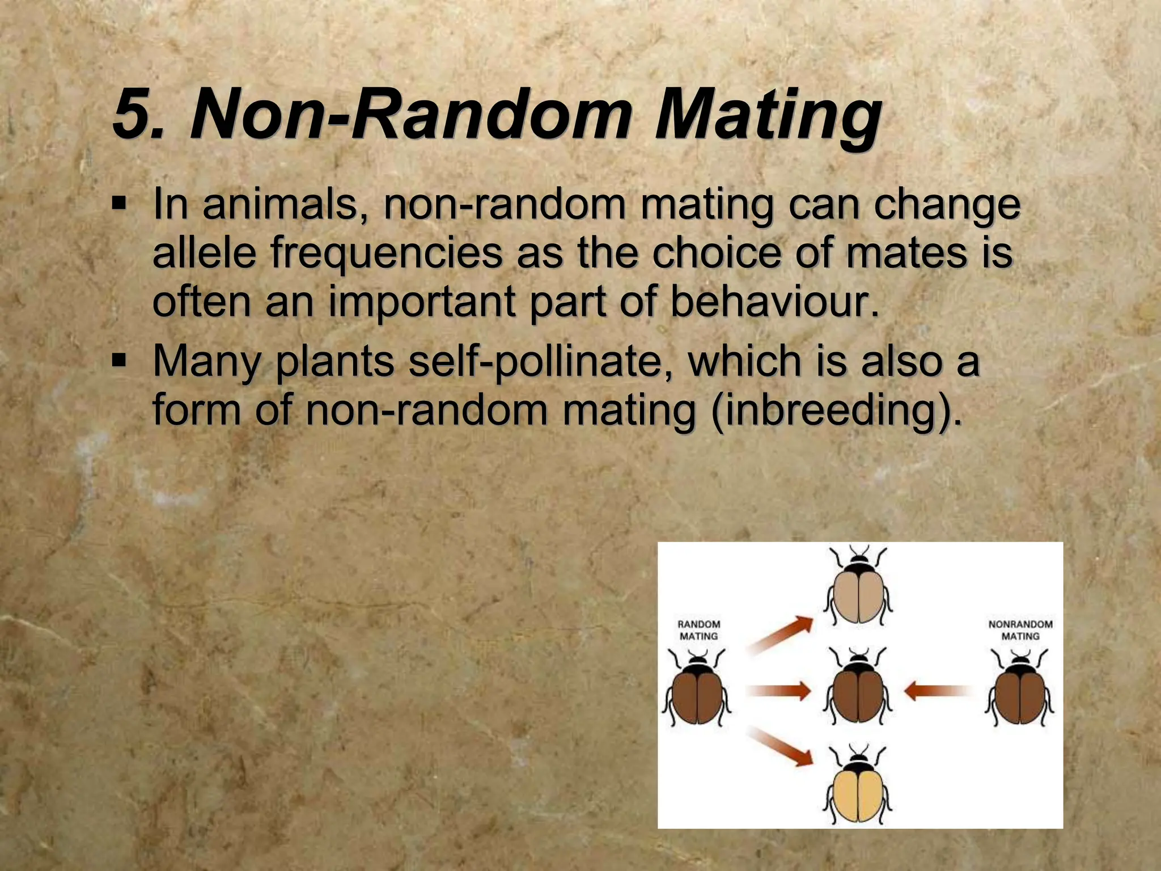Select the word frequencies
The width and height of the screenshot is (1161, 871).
(x=385, y=253)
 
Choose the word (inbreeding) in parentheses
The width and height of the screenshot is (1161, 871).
(x=836, y=410)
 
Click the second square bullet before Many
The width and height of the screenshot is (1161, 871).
(x=118, y=360)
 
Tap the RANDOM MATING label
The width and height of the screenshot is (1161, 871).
(x=698, y=630)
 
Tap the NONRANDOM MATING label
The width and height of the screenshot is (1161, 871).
(x=1020, y=630)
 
